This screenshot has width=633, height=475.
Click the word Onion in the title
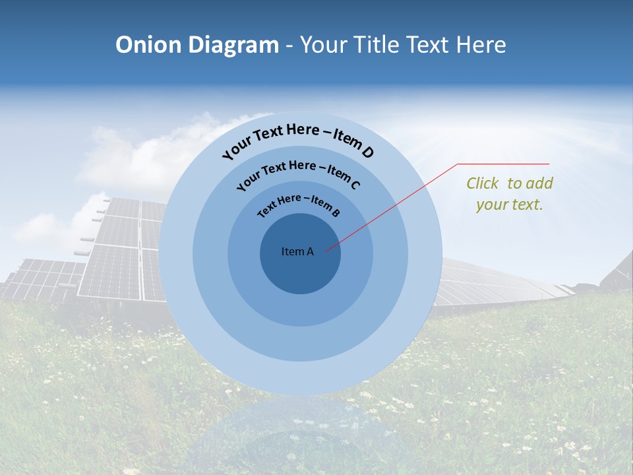149,45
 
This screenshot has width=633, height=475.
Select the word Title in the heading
377,45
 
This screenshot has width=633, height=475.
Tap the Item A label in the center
297,251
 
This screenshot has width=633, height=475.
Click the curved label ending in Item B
299,204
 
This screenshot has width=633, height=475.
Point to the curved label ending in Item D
298,139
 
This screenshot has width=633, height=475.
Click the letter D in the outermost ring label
367,153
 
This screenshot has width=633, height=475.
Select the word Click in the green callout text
483,183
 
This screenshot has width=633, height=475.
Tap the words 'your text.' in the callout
509,205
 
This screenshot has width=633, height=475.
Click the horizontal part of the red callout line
503,164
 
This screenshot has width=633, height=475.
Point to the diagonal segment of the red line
392,207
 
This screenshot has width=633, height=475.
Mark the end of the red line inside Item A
326,250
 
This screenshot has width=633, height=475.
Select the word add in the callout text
540,183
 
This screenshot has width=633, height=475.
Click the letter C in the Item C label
354,185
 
